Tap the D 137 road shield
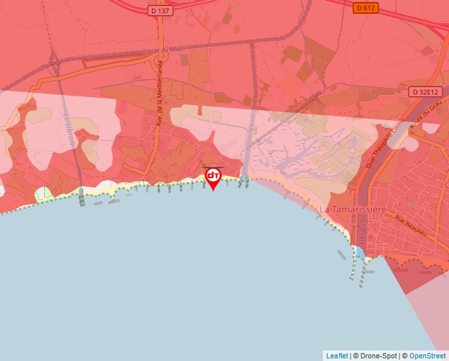click(x=160, y=10)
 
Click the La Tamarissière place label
click(x=353, y=209)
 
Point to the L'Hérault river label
click(x=362, y=231)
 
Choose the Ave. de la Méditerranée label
click(x=159, y=92)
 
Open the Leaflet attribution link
click(x=337, y=356)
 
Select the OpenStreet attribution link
click(x=427, y=356)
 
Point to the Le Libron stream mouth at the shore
click(x=81, y=192)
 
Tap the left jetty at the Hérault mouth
click(x=351, y=267)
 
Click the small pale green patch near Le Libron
click(x=44, y=195)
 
